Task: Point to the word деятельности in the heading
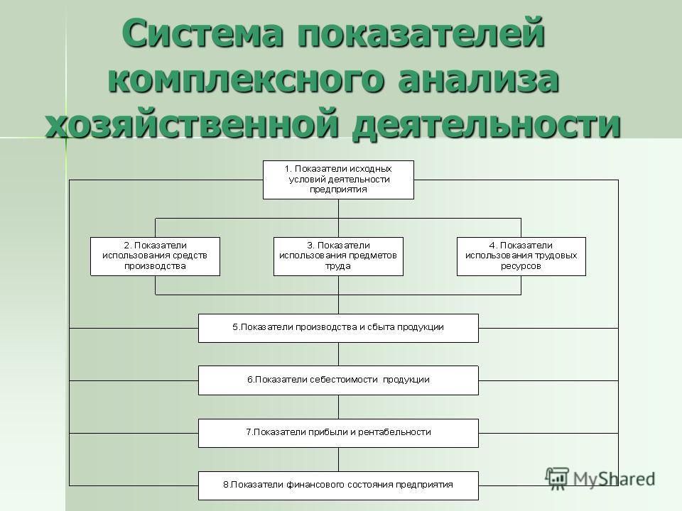[486, 123]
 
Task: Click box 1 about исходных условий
[338, 180]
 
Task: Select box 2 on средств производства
[156, 256]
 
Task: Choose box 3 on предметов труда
[338, 256]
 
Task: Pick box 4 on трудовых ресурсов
[521, 256]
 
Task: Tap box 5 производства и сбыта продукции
[338, 328]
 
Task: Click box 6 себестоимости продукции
[338, 380]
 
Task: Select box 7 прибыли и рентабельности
[338, 433]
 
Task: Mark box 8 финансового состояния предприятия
[338, 485]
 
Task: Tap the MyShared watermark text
[614, 479]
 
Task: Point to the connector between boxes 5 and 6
[338, 354]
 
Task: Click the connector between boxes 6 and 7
[338, 407]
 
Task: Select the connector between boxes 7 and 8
[338, 460]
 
